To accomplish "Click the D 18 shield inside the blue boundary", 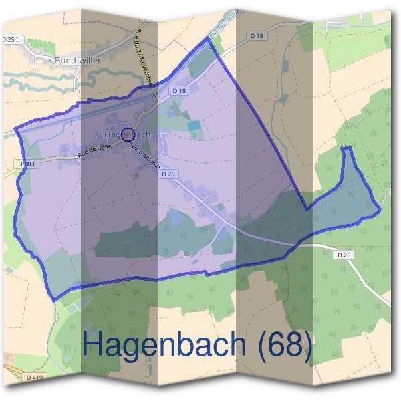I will (x=178, y=90).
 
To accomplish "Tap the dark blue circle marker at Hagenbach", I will (x=129, y=135).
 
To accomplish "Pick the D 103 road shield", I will (x=28, y=163).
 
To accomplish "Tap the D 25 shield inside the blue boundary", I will (x=168, y=173).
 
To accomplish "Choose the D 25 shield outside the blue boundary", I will (x=344, y=255).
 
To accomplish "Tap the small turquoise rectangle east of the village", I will (x=194, y=125).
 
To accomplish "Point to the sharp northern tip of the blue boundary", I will (x=209, y=39).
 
